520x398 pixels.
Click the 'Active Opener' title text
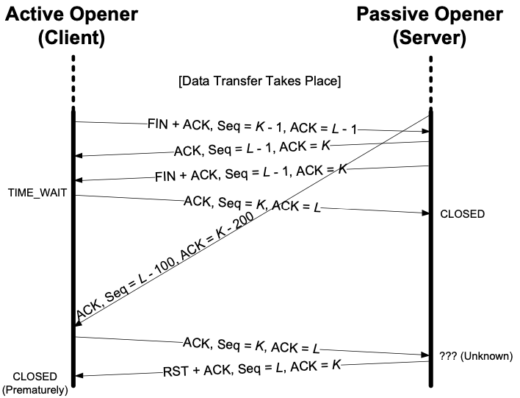[73, 15]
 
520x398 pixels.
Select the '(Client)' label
[73, 38]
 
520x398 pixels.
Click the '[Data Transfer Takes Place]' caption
[259, 79]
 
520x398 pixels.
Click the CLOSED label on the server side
[462, 214]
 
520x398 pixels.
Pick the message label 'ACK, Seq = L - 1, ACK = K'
[253, 149]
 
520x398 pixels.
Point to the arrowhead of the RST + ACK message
[79, 376]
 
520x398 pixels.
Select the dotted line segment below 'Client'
[73, 81]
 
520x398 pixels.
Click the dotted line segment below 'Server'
[429, 81]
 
